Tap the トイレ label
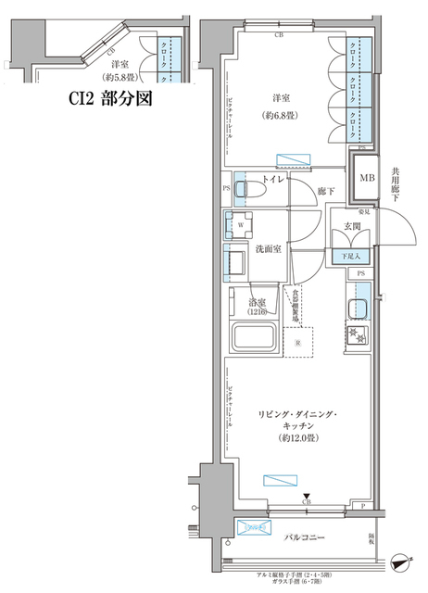(x=273, y=177)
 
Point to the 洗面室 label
(x=258, y=249)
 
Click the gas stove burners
(x=357, y=335)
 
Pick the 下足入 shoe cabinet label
(x=351, y=256)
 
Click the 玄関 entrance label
(x=352, y=226)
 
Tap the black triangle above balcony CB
(x=307, y=497)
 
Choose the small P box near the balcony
(x=364, y=506)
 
